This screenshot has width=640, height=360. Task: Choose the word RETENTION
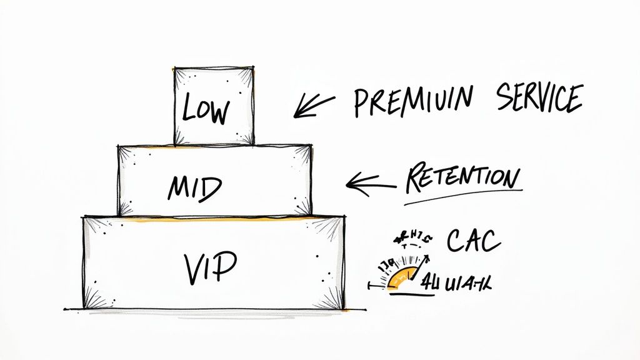[462, 179]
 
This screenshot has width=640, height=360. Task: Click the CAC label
[474, 240]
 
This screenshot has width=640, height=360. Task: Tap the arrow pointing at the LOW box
[314, 105]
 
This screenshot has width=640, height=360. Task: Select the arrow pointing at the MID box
[370, 182]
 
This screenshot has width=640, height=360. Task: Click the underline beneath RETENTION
[462, 196]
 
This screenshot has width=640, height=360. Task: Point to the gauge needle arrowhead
[428, 256]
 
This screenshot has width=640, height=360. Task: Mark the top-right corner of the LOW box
[253, 67]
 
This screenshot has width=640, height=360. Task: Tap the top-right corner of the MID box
[311, 146]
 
